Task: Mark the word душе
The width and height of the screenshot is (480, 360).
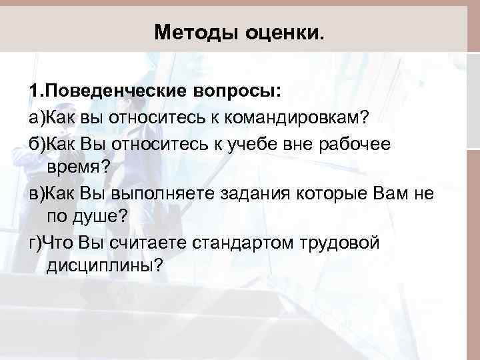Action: (x=106, y=217)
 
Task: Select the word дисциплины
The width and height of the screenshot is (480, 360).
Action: (x=104, y=265)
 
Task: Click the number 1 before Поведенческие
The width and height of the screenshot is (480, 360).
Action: (x=33, y=90)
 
